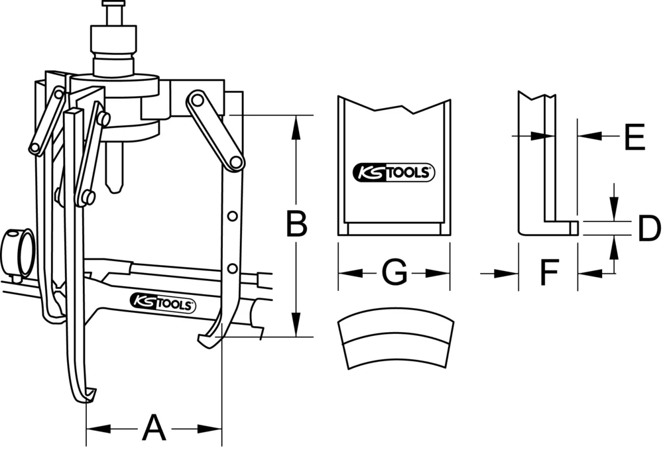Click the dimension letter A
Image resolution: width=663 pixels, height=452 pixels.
point(154,429)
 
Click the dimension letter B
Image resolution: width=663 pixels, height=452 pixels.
point(296,224)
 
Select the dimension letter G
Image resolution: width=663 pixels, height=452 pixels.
point(394,272)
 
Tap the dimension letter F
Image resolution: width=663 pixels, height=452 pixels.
point(548,272)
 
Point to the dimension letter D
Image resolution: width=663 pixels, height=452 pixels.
point(648,229)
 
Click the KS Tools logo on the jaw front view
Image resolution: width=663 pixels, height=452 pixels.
point(394,174)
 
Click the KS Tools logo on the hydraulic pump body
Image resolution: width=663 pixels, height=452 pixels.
point(162,304)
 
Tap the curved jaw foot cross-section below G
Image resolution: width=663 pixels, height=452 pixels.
point(396,341)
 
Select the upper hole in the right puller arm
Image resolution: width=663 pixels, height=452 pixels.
point(232,216)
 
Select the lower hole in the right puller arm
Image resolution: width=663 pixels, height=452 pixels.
point(232,268)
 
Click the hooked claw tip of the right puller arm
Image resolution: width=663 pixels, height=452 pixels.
point(205,341)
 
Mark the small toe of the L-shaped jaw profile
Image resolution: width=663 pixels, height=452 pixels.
point(574,228)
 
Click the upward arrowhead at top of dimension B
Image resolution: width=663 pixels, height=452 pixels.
point(296,122)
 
